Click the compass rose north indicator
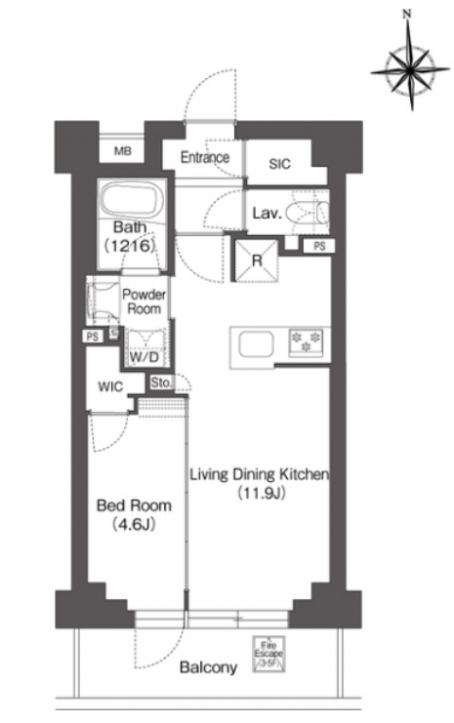(406, 15)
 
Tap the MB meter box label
(122, 151)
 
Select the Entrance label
(204, 158)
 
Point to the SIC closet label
(279, 164)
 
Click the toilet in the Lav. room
(307, 213)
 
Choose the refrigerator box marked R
(257, 261)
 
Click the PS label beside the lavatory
(319, 246)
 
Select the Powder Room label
(144, 301)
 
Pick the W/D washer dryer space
(144, 349)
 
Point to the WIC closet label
(110, 386)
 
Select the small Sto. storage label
(161, 382)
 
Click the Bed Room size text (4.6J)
(134, 525)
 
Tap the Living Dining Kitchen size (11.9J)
(261, 494)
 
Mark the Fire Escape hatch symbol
(268, 654)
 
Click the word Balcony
(208, 667)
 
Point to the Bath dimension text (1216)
(129, 246)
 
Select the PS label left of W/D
(93, 337)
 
